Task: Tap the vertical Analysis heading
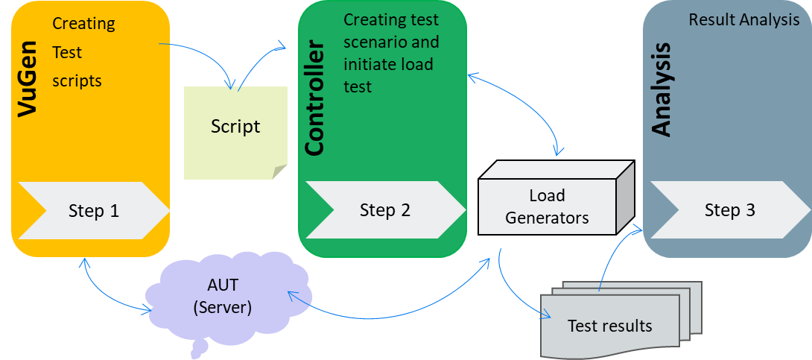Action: [x=661, y=89]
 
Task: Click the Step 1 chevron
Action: [x=93, y=211]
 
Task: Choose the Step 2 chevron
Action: [x=384, y=210]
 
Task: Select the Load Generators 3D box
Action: [x=548, y=206]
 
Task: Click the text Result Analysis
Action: [x=743, y=19]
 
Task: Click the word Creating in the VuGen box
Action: [x=83, y=24]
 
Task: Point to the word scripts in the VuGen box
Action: [x=77, y=80]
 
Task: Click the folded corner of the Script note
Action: [x=279, y=171]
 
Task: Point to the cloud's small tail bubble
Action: [x=200, y=348]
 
